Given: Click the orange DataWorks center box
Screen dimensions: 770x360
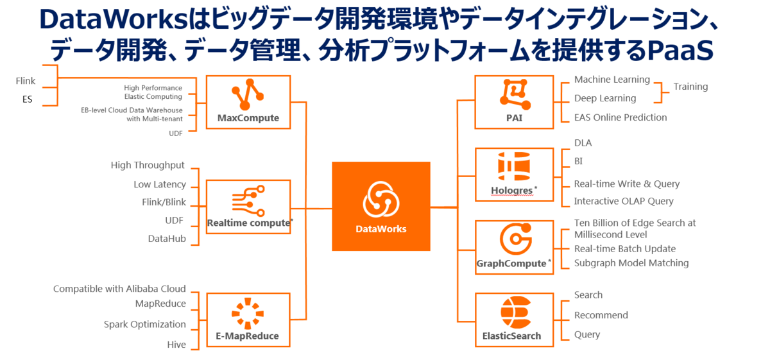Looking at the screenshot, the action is pyautogui.click(x=381, y=206).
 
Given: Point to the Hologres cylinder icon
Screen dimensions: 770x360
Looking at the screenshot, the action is pyautogui.click(x=514, y=167).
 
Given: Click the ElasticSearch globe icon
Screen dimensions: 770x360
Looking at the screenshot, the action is pyautogui.click(x=513, y=313).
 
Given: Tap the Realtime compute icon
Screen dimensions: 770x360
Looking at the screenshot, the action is pyautogui.click(x=248, y=200).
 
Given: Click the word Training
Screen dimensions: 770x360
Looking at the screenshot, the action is pyautogui.click(x=690, y=87).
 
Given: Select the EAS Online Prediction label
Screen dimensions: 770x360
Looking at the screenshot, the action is pyautogui.click(x=620, y=117).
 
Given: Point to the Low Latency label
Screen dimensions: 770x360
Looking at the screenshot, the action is pyautogui.click(x=160, y=185).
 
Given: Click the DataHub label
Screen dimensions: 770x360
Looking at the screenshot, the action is pyautogui.click(x=167, y=239).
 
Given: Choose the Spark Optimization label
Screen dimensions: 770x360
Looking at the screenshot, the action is pyautogui.click(x=145, y=325).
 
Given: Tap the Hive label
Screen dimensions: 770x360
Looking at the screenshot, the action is pyautogui.click(x=176, y=345).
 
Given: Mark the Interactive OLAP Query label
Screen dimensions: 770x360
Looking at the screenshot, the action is pyautogui.click(x=624, y=201).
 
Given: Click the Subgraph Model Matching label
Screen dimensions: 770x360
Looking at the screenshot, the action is pyautogui.click(x=631, y=263).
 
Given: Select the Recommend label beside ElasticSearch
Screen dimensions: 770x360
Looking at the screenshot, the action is pyautogui.click(x=601, y=315).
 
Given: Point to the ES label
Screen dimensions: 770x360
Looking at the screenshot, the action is pyautogui.click(x=27, y=99).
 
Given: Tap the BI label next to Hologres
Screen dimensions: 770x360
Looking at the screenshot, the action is pyautogui.click(x=579, y=161).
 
